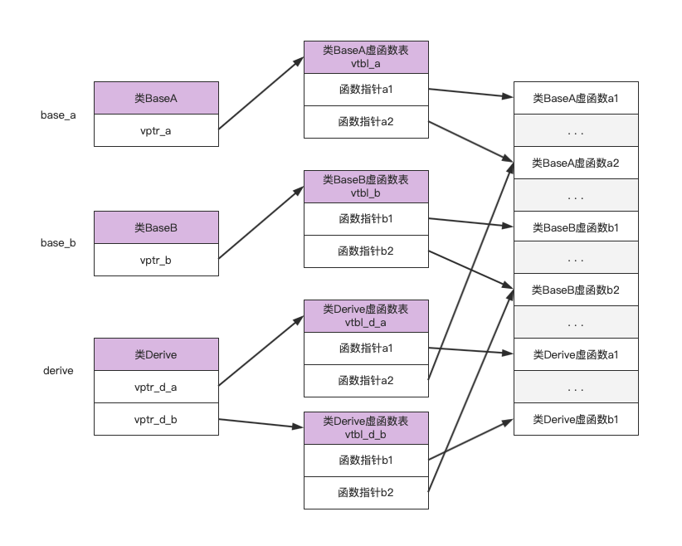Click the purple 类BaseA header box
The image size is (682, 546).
tap(156, 98)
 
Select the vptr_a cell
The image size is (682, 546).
tap(156, 130)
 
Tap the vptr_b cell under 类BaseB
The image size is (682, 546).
tap(156, 260)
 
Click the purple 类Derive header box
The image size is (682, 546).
tap(156, 354)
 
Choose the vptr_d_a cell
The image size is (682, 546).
tap(156, 387)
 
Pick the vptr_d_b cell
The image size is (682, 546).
tap(156, 419)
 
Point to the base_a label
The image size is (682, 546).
tap(58, 115)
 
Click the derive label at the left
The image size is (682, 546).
tap(58, 370)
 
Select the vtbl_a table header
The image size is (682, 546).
tap(366, 57)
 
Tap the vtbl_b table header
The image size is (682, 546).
tap(366, 187)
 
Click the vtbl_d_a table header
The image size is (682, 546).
tap(366, 316)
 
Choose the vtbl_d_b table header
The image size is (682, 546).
tap(366, 427)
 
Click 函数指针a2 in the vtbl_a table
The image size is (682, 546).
tap(366, 122)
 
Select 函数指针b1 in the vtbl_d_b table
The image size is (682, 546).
tap(366, 460)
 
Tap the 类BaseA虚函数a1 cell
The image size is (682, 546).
tap(576, 98)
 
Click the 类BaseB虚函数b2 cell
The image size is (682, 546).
tap(576, 290)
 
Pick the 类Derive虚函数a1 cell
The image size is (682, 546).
tap(576, 354)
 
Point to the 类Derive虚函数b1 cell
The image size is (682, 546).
tap(576, 419)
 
